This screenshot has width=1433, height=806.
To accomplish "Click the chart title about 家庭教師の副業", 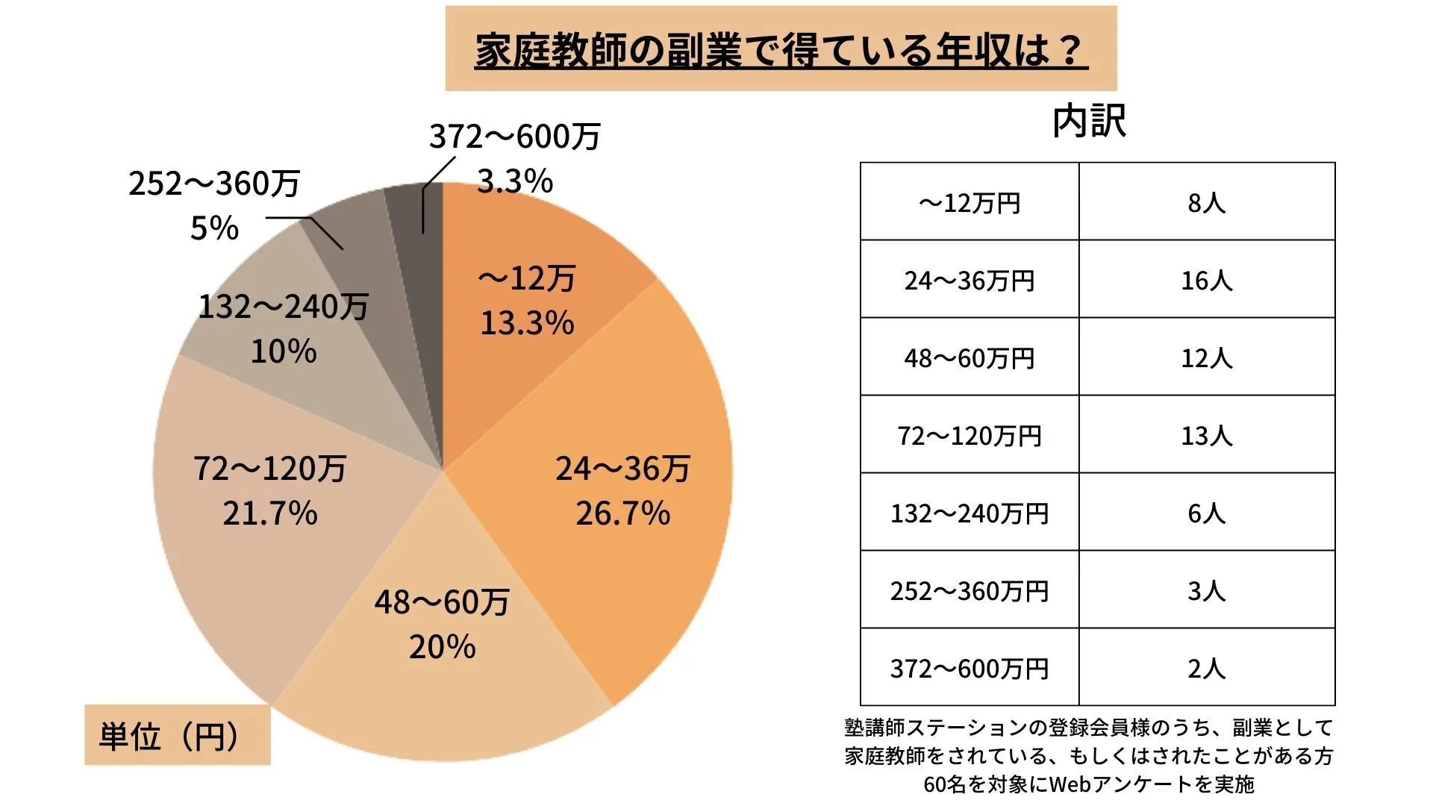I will [781, 50].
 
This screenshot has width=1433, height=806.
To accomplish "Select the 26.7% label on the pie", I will [622, 513].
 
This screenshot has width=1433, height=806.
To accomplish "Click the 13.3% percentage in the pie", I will [527, 323].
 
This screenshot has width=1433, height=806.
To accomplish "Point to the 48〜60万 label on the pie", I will [442, 602].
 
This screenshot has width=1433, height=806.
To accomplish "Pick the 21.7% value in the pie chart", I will [270, 513].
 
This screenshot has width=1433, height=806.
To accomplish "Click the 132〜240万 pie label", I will [284, 307].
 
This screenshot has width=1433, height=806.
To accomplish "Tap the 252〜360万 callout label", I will [214, 184].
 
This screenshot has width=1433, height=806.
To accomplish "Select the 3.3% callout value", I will [515, 181].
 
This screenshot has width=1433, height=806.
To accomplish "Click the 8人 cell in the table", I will [1206, 202].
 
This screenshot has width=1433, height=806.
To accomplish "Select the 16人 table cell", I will [1206, 281].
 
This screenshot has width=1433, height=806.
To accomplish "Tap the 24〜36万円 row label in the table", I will [969, 281].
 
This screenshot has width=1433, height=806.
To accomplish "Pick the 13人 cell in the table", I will [1206, 436].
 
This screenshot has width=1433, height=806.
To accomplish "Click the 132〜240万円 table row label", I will [969, 513].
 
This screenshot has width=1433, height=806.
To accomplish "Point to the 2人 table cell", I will [1206, 669].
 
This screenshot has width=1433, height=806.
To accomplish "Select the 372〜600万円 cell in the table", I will [969, 669].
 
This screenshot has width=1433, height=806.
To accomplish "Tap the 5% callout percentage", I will [214, 228].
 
